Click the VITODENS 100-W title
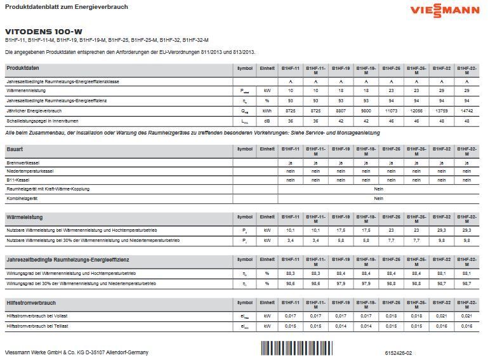click(x=44, y=31)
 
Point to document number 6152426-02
click(x=398, y=352)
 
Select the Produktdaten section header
click(x=23, y=68)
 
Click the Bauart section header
click(x=15, y=149)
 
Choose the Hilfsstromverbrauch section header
click(x=31, y=303)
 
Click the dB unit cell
click(x=267, y=121)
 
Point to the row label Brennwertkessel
click(x=23, y=163)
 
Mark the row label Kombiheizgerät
click(x=22, y=198)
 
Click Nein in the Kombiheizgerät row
click(x=378, y=198)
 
